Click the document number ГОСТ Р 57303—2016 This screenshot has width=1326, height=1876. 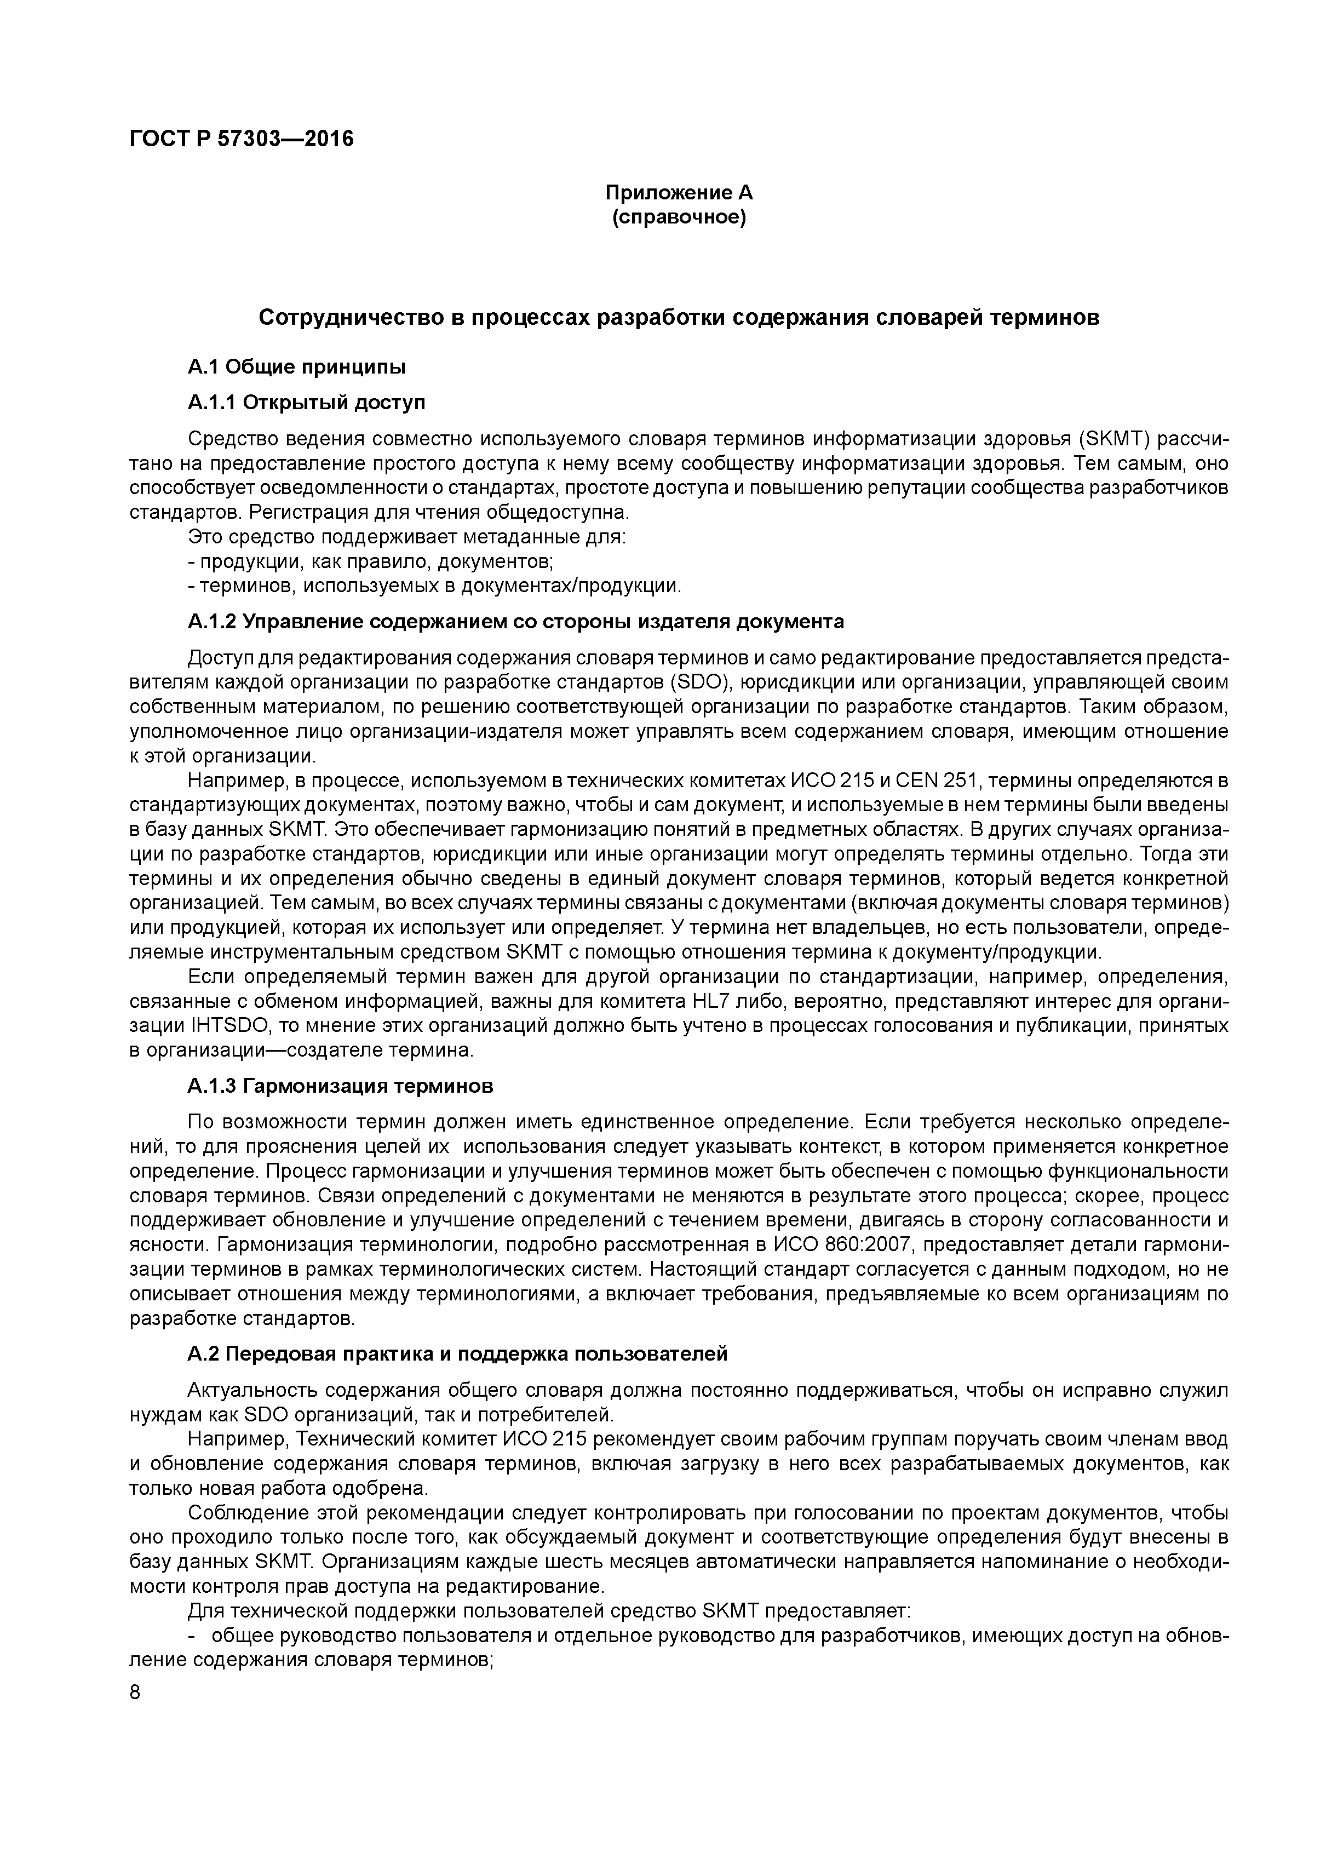click(242, 140)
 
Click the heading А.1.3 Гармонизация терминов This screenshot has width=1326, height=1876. click(340, 1086)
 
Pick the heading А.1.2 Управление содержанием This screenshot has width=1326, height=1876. click(515, 622)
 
